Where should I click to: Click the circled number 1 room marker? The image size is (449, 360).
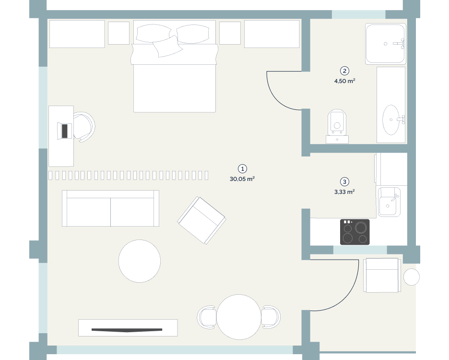pos(243,169)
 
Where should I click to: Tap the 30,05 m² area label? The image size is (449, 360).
pos(242,179)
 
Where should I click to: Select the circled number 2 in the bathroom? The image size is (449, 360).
pos(344,71)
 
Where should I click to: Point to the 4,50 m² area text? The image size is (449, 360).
pos(345,81)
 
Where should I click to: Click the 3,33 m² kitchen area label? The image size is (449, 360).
pos(344,192)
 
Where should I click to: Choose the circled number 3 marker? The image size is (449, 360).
pos(344,181)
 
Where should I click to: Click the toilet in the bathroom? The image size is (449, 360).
pos(337,126)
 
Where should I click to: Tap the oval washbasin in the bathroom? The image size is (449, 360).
pos(391,120)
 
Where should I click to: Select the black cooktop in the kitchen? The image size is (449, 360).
pos(355,232)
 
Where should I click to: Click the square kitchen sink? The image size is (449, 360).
pos(389,202)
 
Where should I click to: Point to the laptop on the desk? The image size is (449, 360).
pos(65,131)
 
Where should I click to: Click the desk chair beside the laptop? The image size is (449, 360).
pos(84,127)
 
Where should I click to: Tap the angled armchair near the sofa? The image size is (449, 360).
pos(201,220)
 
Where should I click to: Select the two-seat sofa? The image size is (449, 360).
pos(110,208)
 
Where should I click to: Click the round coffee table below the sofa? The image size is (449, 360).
pos(140,261)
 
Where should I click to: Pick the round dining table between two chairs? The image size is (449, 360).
pos(239,317)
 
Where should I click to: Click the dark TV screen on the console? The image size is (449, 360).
pos(127,330)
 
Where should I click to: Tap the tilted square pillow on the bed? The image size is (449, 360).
pos(167,46)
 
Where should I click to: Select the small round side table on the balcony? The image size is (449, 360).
pos(412,277)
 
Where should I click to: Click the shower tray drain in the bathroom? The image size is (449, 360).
pos(385,44)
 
